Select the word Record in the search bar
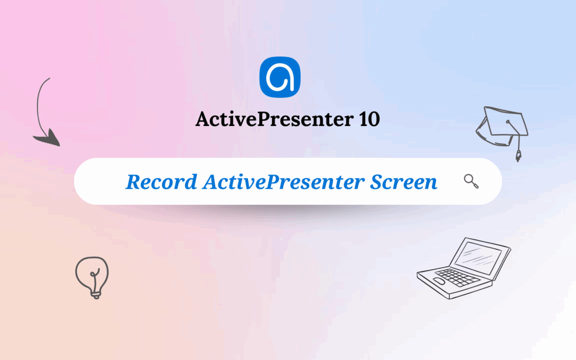(161, 182)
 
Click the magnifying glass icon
(471, 181)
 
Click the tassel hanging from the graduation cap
(517, 155)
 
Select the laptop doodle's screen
(478, 256)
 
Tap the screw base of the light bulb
(95, 293)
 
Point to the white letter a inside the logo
(281, 79)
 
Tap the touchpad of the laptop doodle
(438, 281)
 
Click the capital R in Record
(133, 182)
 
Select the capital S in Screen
(377, 182)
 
